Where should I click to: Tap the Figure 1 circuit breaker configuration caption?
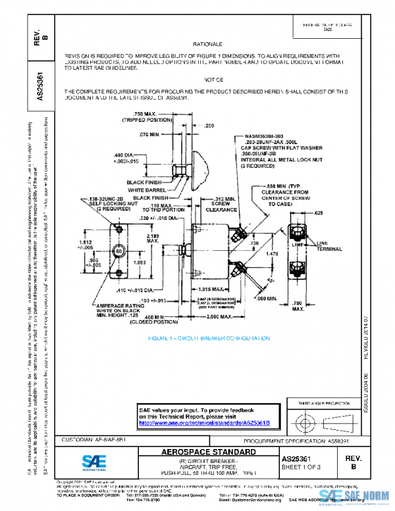(x=208, y=338)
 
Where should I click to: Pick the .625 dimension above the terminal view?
(x=318, y=213)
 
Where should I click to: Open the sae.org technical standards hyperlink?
(x=204, y=423)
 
